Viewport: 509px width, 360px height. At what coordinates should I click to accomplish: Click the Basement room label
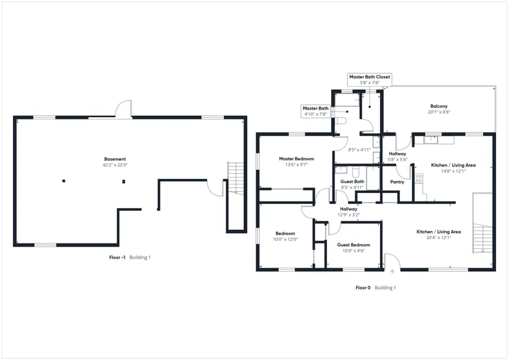(x=115, y=159)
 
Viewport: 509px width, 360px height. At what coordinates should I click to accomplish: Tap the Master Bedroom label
(x=292, y=159)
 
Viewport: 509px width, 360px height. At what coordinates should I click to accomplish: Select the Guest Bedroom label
(x=353, y=245)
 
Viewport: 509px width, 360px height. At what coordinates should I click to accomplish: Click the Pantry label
(x=397, y=182)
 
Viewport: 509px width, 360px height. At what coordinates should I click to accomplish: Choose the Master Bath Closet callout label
(x=370, y=77)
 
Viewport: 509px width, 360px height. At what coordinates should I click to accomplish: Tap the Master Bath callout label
(x=315, y=108)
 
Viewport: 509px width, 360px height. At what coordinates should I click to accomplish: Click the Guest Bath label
(x=352, y=181)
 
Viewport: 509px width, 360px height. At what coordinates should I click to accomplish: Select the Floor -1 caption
(x=114, y=257)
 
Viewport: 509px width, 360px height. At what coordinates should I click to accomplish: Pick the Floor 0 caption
(x=363, y=288)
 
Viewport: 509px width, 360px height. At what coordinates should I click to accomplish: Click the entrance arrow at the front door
(x=392, y=270)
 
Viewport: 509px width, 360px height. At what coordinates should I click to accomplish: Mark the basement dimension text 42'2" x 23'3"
(x=115, y=165)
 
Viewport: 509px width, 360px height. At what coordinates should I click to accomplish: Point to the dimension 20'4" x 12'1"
(x=439, y=237)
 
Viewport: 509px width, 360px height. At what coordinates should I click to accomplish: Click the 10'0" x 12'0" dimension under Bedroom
(x=285, y=239)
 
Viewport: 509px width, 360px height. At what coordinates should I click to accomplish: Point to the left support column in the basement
(x=63, y=181)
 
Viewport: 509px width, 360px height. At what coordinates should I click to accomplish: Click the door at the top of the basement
(x=123, y=111)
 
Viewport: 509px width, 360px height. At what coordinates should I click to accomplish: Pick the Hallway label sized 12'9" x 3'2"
(x=349, y=209)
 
